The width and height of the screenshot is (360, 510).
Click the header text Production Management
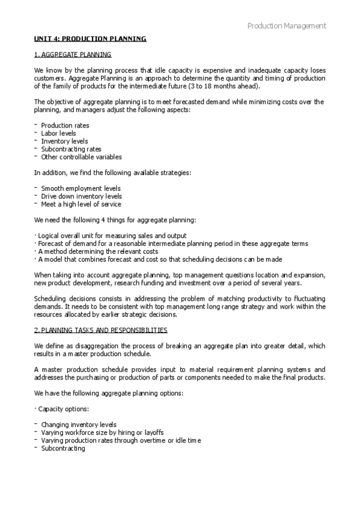pos(287,26)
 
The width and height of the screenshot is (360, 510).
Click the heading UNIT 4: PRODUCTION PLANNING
pos(90,39)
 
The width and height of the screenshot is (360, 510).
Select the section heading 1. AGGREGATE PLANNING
pos(73,55)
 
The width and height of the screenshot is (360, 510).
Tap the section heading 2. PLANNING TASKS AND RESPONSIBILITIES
pos(101,330)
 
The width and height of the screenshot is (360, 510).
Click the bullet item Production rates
pos(65,126)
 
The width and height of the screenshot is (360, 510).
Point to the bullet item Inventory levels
pos(64,141)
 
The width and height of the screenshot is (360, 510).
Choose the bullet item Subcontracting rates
pos(71,149)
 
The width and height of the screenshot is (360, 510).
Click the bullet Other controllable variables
pos(81,157)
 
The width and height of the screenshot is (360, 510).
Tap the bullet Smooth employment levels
pos(81,188)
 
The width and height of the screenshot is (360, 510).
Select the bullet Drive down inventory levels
pos(81,196)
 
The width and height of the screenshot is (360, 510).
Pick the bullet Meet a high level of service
pos(81,204)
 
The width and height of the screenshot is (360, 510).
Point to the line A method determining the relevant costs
pos(96,251)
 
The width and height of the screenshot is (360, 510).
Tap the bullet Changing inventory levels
pos(79,425)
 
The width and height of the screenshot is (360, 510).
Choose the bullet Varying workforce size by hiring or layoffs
pos(102,432)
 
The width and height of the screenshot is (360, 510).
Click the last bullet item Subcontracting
pos(63,448)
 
